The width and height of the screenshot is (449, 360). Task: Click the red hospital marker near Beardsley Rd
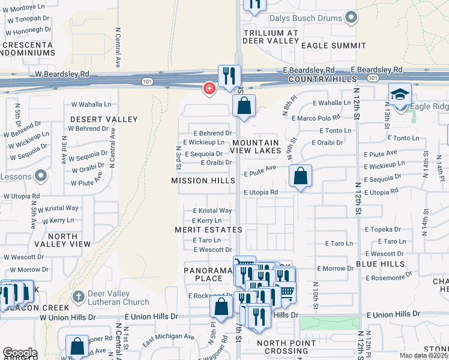(209, 89)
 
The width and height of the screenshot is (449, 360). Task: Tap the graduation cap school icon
(400, 94)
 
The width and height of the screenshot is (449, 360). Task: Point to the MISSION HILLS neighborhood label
(202, 181)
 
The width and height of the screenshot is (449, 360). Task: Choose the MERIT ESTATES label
(208, 230)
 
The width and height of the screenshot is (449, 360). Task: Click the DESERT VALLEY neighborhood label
(103, 119)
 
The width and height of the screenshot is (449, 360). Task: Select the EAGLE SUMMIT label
(333, 46)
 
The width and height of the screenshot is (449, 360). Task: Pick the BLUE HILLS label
(380, 264)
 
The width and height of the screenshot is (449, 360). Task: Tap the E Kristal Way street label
(212, 211)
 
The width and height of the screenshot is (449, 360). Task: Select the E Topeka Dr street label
(381, 229)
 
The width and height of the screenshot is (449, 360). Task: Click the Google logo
(19, 353)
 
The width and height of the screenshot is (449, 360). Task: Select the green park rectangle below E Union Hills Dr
(330, 324)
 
